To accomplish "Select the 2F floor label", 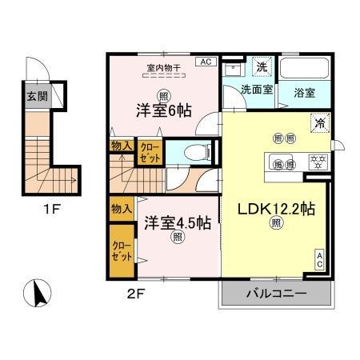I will [135, 292].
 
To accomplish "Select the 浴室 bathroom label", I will [304, 91].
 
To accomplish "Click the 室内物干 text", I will [164, 67].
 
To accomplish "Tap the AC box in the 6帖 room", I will [205, 62].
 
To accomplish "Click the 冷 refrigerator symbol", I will [319, 124].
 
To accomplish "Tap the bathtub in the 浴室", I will [304, 69].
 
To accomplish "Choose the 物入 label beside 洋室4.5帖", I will [121, 209].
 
